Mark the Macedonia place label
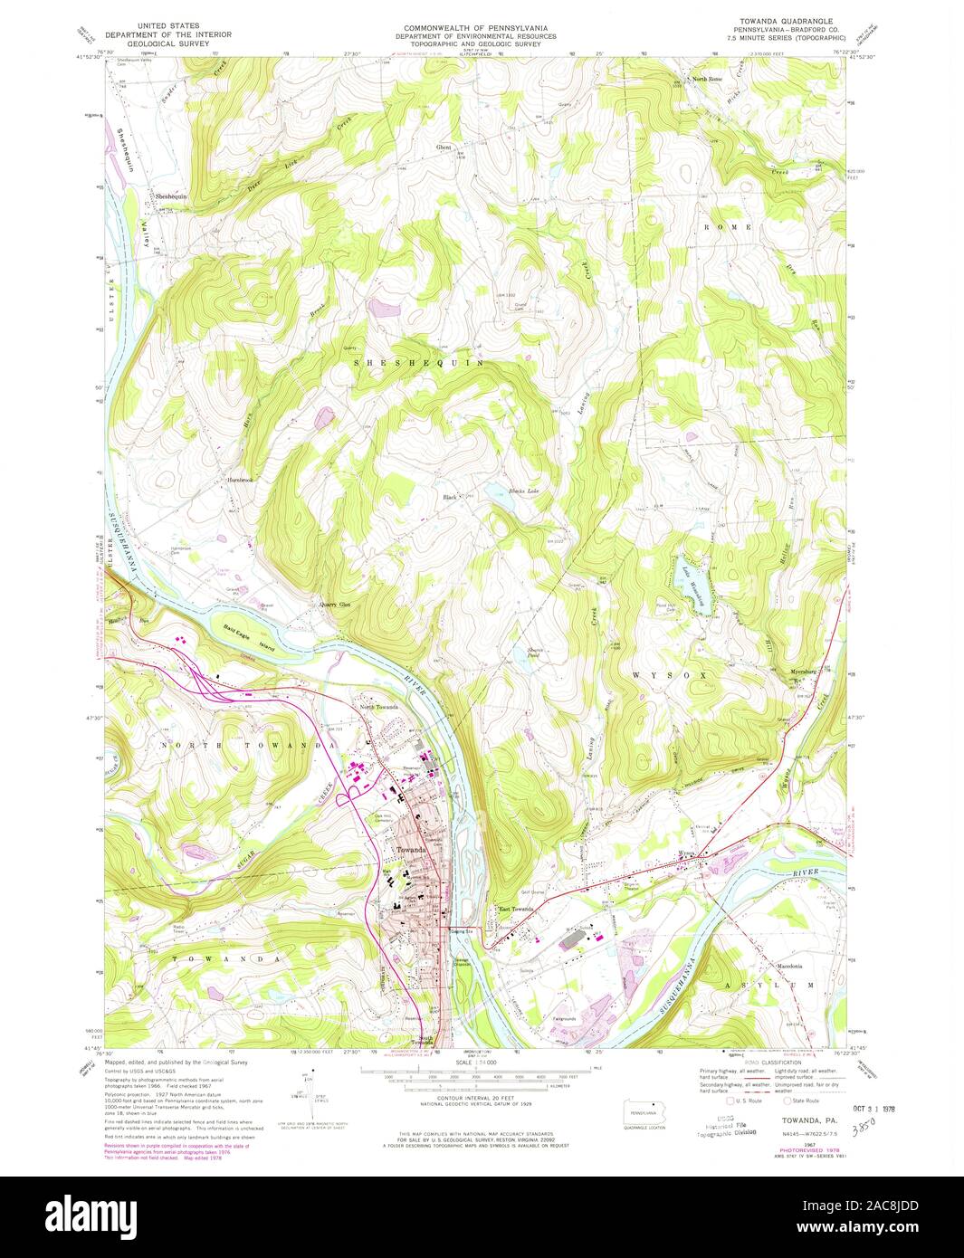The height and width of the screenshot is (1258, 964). click(x=788, y=965)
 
